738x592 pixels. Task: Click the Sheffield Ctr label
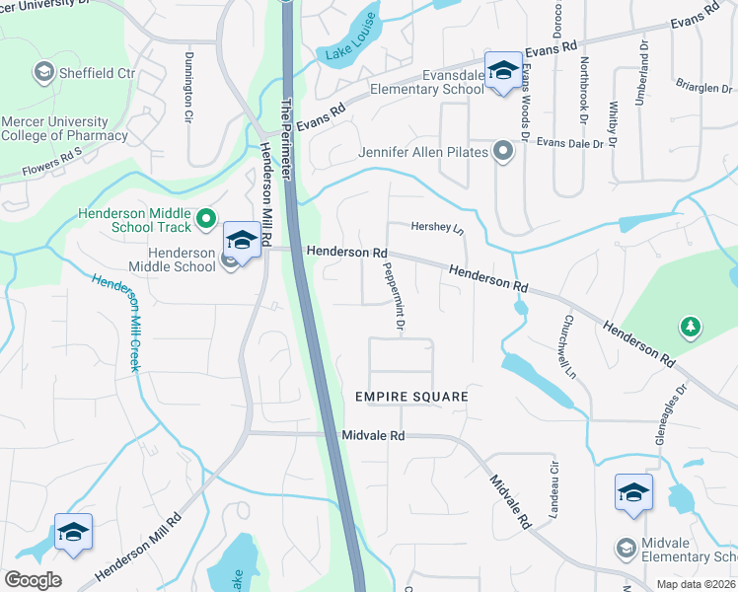pyautogui.click(x=97, y=72)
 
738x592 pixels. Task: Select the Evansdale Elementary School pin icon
pyautogui.click(x=503, y=70)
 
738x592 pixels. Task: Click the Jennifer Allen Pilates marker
pyautogui.click(x=503, y=152)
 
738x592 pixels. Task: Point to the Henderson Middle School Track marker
pyautogui.click(x=206, y=219)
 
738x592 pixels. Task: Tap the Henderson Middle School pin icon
pyautogui.click(x=242, y=239)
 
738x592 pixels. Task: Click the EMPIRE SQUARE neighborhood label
pyautogui.click(x=411, y=396)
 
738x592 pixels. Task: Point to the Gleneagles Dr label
pyautogui.click(x=668, y=413)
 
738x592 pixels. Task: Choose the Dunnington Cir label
pyautogui.click(x=187, y=88)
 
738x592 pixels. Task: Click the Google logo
pyautogui.click(x=33, y=580)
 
